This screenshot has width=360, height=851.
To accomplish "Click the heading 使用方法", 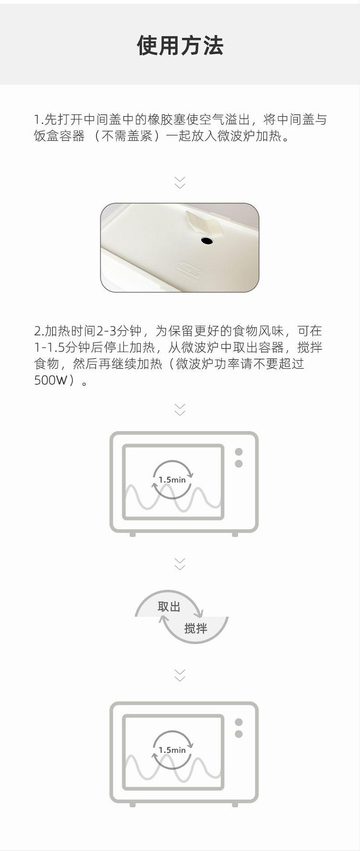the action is pos(180,46).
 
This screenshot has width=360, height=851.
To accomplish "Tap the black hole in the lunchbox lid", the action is pos(207,240).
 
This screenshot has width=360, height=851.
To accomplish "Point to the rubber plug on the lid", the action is pos(204,223).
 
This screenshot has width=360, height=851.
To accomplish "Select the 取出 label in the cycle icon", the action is pos(169,607).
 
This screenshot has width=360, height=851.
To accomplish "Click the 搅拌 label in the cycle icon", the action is pos(196,628).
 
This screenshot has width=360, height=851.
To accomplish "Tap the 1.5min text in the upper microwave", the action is pos(172,480).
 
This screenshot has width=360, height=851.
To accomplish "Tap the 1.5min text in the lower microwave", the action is pos(172,750).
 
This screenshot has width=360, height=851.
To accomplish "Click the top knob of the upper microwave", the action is pos(239,452).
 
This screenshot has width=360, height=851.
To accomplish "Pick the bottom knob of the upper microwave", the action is pos(239,464).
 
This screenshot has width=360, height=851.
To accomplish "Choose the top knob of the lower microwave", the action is pos(239,722).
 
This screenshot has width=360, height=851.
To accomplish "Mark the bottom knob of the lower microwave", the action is pos(239,734).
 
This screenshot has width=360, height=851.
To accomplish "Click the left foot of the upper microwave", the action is pos(133,534).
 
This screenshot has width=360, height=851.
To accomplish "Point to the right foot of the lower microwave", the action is pos(235,804).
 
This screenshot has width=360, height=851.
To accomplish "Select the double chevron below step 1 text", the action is pos(180,182).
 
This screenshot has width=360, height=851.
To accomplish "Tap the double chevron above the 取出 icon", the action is pos(180,564).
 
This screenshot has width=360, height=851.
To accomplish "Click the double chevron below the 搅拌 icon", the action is pos(180,675).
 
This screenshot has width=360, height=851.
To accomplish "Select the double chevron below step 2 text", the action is pos(180,410).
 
